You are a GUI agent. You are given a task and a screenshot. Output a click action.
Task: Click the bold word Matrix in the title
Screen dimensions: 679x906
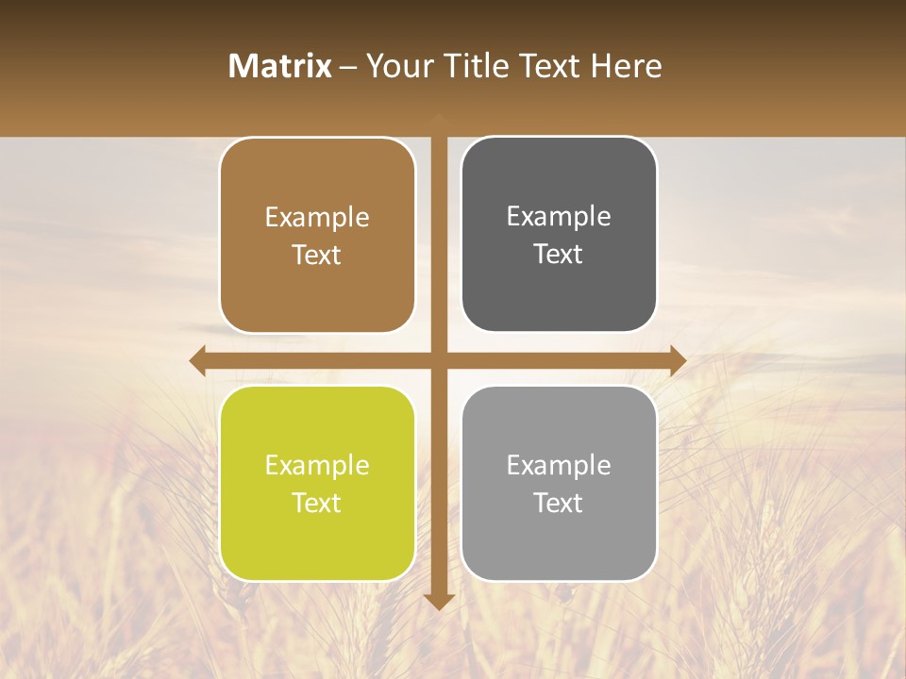tap(279, 66)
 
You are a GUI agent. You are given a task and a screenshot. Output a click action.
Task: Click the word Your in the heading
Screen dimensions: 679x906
tap(398, 66)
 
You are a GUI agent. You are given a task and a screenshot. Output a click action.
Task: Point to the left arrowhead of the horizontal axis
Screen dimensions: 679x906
tap(197, 360)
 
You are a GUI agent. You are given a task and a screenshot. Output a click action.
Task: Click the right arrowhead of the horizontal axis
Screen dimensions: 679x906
tap(679, 360)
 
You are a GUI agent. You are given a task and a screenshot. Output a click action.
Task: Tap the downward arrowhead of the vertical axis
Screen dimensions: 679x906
tap(438, 602)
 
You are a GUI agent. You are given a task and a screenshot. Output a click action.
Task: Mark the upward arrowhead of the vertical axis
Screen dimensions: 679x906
tap(438, 119)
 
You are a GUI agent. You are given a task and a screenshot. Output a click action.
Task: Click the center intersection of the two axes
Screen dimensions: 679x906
tap(438, 360)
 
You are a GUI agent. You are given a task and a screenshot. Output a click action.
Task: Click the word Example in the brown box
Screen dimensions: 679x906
tap(317, 218)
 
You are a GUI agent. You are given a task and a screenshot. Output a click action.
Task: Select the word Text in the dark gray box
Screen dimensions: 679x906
tap(559, 254)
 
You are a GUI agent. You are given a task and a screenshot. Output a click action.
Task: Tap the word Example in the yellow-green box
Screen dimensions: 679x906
tap(317, 466)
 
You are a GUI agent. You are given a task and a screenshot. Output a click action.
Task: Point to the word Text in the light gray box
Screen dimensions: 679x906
tap(559, 503)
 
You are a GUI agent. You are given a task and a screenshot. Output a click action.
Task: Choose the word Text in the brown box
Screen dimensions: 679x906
tap(317, 255)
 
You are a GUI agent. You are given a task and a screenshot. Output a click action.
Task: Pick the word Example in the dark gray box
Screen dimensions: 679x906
tap(559, 217)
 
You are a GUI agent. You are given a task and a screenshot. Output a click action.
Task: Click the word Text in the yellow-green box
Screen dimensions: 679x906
tap(317, 503)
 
